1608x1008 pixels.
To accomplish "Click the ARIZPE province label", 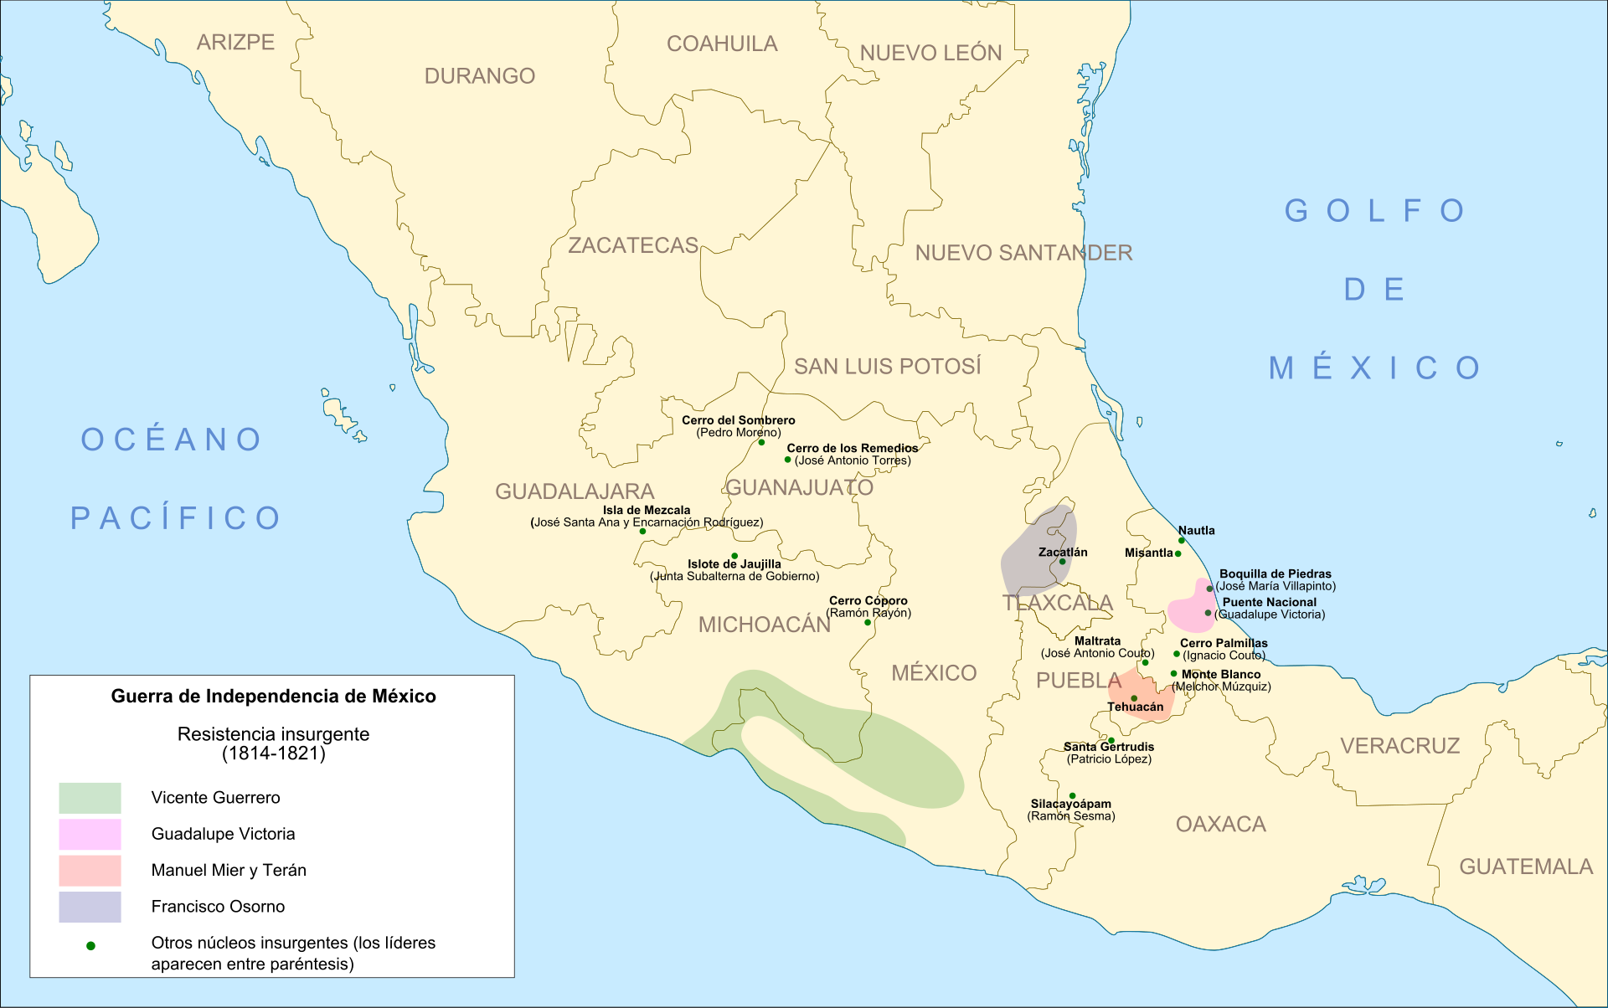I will pos(235,43).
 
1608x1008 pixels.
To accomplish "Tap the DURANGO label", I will pos(479,76).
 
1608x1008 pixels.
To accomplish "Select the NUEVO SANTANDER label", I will pos(1023,253).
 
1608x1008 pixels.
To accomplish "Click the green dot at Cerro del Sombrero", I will pos(761,442).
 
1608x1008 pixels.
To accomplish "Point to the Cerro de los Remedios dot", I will pos(787,460).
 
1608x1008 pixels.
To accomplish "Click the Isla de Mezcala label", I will pos(647,510).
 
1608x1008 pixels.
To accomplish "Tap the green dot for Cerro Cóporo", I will pos(868,622).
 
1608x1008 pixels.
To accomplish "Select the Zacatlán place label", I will pos(1063,552).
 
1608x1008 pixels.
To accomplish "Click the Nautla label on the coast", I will pos(1196,530).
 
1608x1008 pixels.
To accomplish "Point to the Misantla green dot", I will pos(1178,553).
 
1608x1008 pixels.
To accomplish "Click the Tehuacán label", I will pos(1135,707).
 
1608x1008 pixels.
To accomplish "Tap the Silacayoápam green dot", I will pos(1072,795).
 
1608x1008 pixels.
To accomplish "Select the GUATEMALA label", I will pos(1526,867).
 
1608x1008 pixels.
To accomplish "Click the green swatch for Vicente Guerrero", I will pos(90,798).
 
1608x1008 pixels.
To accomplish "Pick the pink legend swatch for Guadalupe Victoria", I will pos(90,834).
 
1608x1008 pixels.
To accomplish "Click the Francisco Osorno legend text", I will pos(218,907).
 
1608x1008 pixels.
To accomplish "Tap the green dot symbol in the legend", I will pos(90,945).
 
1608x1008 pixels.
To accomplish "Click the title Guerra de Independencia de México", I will pos(273,697).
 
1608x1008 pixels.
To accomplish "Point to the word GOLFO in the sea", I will pos(1374,211).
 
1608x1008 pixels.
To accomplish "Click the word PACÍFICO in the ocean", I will pos(176,518).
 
